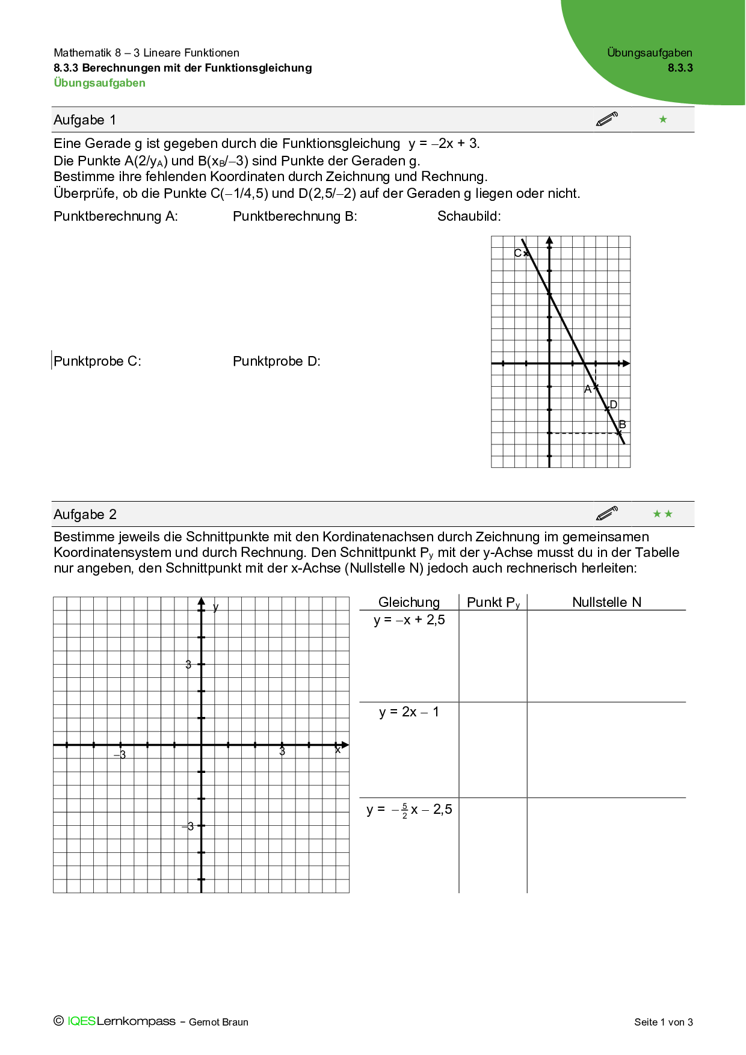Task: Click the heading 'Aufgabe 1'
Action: (x=85, y=120)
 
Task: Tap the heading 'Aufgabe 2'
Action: (x=85, y=514)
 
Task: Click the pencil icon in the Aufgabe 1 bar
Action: (x=607, y=119)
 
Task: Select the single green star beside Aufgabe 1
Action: (x=663, y=119)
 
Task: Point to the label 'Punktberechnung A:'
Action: (x=116, y=217)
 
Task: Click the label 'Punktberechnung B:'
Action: (x=295, y=217)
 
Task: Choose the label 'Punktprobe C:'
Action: (x=97, y=361)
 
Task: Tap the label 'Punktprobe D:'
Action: (x=277, y=361)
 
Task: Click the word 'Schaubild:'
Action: (x=469, y=217)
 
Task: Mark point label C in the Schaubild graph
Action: (x=517, y=253)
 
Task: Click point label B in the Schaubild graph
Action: (x=623, y=425)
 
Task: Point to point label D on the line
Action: (x=614, y=405)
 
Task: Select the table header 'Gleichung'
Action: (x=409, y=602)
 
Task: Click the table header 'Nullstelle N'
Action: (x=606, y=602)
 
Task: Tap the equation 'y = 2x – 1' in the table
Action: (x=409, y=712)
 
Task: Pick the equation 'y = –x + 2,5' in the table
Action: (x=409, y=620)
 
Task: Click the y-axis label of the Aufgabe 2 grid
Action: (x=216, y=607)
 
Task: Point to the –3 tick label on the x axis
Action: (x=121, y=755)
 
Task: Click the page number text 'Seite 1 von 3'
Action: (x=664, y=1022)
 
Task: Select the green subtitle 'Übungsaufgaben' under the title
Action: (x=99, y=83)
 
